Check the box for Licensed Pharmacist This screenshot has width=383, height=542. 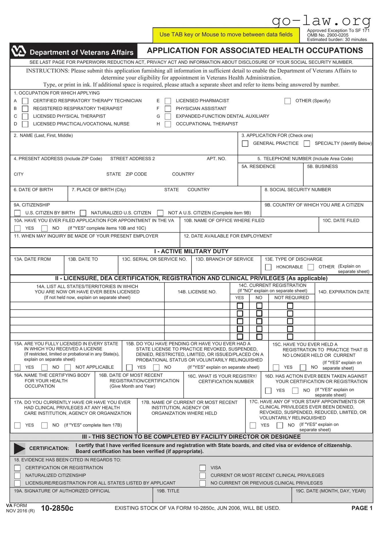pyautogui.click(x=168, y=101)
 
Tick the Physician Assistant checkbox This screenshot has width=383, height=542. pyautogui.click(x=168, y=109)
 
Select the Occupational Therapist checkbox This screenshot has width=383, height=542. pyautogui.click(x=168, y=124)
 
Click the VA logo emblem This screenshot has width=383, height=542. pyautogui.click(x=19, y=51)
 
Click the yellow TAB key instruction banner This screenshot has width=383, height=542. pyautogui.click(x=226, y=35)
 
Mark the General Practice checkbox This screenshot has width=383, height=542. pyautogui.click(x=245, y=144)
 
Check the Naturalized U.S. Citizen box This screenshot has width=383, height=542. pyautogui.click(x=83, y=213)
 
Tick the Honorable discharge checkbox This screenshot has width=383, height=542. pyautogui.click(x=268, y=267)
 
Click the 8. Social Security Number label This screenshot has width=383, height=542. pyautogui.click(x=298, y=190)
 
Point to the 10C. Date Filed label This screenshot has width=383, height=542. pyautogui.click(x=341, y=220)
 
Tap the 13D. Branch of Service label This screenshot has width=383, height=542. pyautogui.click(x=224, y=259)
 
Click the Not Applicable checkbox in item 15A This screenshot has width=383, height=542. pyautogui.click(x=68, y=368)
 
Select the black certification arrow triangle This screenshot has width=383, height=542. pyautogui.click(x=19, y=448)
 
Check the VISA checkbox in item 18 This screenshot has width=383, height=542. pyautogui.click(x=203, y=468)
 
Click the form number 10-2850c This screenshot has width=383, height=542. pyautogui.click(x=57, y=508)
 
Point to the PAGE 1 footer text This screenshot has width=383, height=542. pyautogui.click(x=362, y=508)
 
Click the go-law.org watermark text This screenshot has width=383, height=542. pyautogui.click(x=321, y=21)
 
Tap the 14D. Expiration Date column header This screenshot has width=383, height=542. pyautogui.click(x=344, y=292)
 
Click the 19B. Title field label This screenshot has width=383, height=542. pyautogui.click(x=168, y=491)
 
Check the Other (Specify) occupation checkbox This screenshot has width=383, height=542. pyautogui.click(x=288, y=101)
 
